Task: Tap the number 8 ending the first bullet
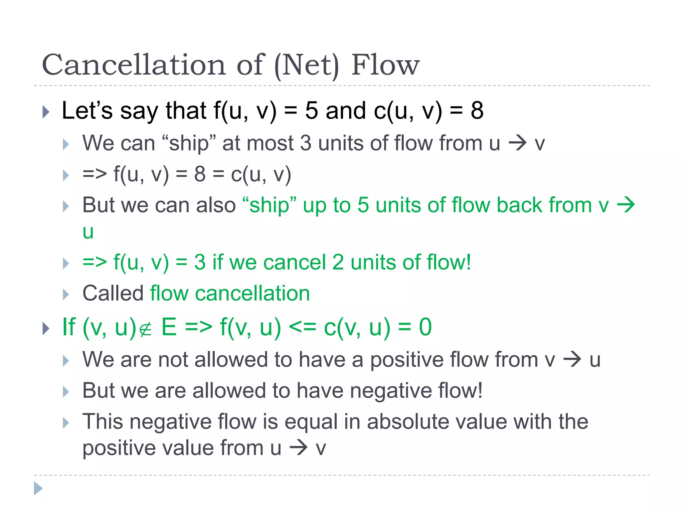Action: click(x=477, y=111)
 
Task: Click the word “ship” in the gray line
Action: click(x=189, y=143)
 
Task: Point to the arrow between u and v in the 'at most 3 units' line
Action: click(x=517, y=143)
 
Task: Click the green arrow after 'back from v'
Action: click(x=626, y=205)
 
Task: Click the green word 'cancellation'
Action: click(x=252, y=293)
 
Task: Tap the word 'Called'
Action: click(x=113, y=293)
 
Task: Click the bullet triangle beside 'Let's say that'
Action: click(x=46, y=112)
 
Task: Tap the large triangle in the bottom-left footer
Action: click(x=38, y=489)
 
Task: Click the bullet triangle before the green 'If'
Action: click(x=46, y=328)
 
